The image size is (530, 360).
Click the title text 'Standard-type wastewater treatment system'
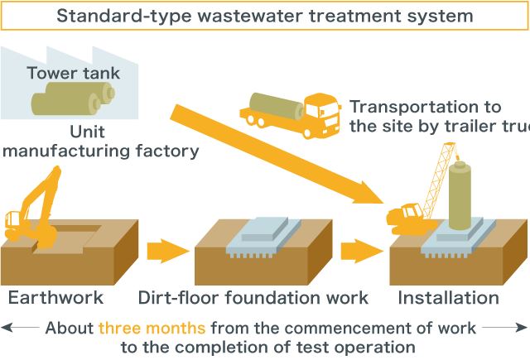point(265,16)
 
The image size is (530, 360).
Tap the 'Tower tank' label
point(74,74)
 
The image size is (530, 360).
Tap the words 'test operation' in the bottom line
point(364,347)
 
